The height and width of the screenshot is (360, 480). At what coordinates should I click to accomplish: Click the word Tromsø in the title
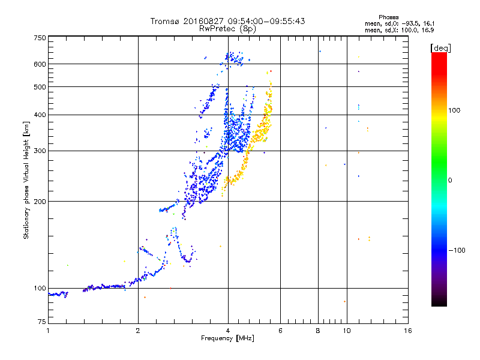164,21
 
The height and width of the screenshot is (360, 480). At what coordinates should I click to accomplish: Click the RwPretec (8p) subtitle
227,29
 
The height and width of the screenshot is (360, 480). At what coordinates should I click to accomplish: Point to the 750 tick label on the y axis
40,38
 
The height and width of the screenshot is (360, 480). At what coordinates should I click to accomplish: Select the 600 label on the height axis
40,64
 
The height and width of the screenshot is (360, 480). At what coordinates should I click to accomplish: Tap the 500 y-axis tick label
40,87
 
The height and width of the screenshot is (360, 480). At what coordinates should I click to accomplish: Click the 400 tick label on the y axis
40,115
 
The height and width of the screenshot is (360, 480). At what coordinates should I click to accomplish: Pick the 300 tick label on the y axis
40,151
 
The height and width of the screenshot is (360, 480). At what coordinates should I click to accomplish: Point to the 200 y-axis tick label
40,202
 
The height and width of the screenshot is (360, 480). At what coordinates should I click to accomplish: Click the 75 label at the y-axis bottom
42,322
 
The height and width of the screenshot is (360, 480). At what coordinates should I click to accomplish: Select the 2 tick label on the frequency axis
138,331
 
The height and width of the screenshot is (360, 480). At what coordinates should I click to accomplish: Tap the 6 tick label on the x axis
280,331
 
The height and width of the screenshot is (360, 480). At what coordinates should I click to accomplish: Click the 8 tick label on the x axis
318,331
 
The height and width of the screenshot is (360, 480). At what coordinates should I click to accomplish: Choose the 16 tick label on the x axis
408,331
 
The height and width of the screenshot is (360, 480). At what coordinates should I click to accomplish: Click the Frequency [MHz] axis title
227,338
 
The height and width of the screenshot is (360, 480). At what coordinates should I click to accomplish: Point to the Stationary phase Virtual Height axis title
26,180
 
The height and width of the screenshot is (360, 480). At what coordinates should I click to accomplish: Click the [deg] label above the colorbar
440,48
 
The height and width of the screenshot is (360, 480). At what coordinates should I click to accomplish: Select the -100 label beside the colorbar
457,250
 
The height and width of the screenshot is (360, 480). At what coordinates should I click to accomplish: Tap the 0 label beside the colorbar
450,180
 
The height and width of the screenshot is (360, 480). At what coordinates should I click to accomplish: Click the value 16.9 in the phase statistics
428,30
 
